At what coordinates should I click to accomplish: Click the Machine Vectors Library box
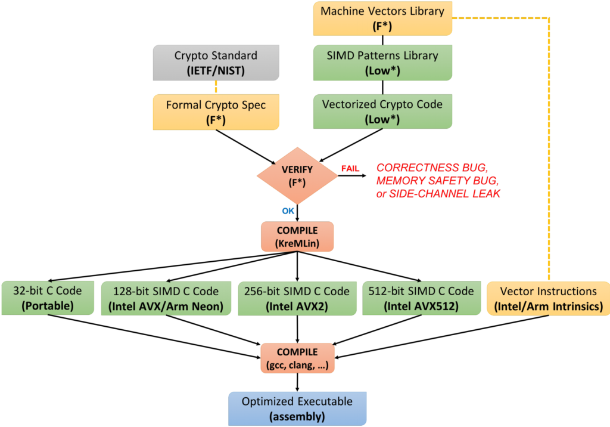pyautogui.click(x=382, y=18)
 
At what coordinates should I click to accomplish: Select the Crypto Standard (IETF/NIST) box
pyautogui.click(x=216, y=63)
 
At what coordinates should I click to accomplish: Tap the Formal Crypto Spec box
pyautogui.click(x=216, y=112)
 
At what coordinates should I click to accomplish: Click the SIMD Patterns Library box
pyautogui.click(x=382, y=63)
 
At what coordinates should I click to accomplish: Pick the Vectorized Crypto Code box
pyautogui.click(x=382, y=112)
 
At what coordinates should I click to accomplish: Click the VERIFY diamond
pyautogui.click(x=296, y=176)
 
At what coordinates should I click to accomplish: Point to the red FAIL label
pyautogui.click(x=350, y=169)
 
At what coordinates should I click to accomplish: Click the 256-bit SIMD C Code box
pyautogui.click(x=296, y=298)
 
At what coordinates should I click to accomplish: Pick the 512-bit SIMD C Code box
pyautogui.click(x=422, y=298)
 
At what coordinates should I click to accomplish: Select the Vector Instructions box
pyautogui.click(x=549, y=298)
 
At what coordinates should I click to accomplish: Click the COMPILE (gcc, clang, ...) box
pyautogui.click(x=297, y=357)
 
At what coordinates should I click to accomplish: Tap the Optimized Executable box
pyautogui.click(x=296, y=408)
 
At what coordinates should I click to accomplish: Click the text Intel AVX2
pyautogui.click(x=296, y=306)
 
